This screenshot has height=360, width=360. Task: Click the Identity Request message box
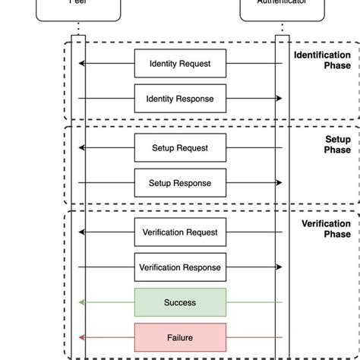[x=180, y=64]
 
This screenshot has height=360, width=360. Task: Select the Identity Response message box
[x=180, y=99]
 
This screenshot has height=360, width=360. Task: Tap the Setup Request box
[x=180, y=148]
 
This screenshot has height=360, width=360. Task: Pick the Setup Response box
[x=180, y=183]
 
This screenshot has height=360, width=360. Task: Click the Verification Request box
[x=180, y=232]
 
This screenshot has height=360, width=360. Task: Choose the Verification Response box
[x=180, y=267]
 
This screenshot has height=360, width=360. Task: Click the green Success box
[x=180, y=302]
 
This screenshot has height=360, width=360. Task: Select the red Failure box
[x=180, y=337]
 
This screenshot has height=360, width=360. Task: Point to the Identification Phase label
[x=322, y=60]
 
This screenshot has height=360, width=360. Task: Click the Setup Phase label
[x=337, y=144]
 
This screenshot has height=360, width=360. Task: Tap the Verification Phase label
[x=326, y=229]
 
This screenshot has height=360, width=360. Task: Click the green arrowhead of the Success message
[x=82, y=302]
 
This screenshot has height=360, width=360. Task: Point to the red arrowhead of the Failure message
[x=82, y=337]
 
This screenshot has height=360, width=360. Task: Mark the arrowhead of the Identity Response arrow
[x=279, y=99]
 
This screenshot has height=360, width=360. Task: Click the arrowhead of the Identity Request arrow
[x=82, y=64]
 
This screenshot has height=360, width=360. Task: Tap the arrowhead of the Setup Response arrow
[x=279, y=183]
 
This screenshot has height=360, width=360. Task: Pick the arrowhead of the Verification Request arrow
[x=82, y=232]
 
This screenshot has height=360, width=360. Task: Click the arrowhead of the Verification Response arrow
[x=279, y=267]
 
